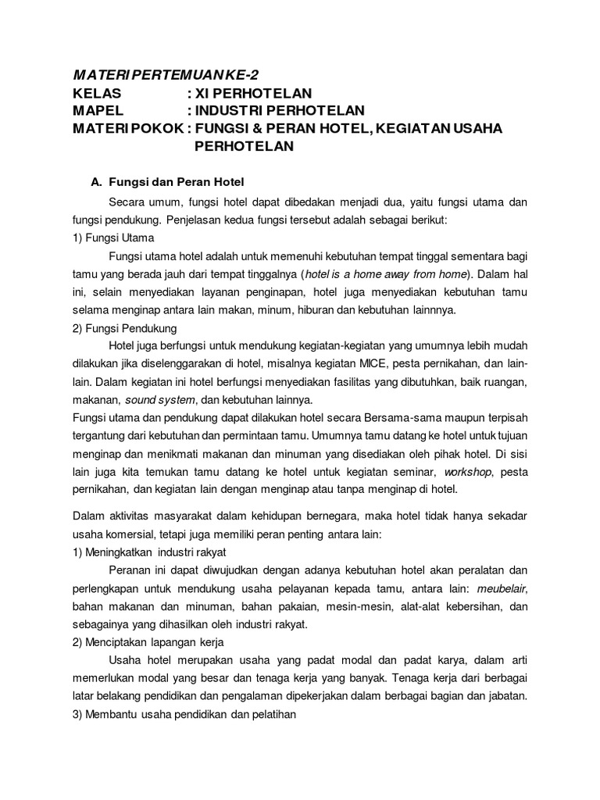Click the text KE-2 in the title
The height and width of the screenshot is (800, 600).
tap(237, 75)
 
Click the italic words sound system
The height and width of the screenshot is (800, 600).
tap(157, 401)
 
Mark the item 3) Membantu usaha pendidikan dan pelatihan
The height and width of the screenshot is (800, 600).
tap(181, 715)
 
